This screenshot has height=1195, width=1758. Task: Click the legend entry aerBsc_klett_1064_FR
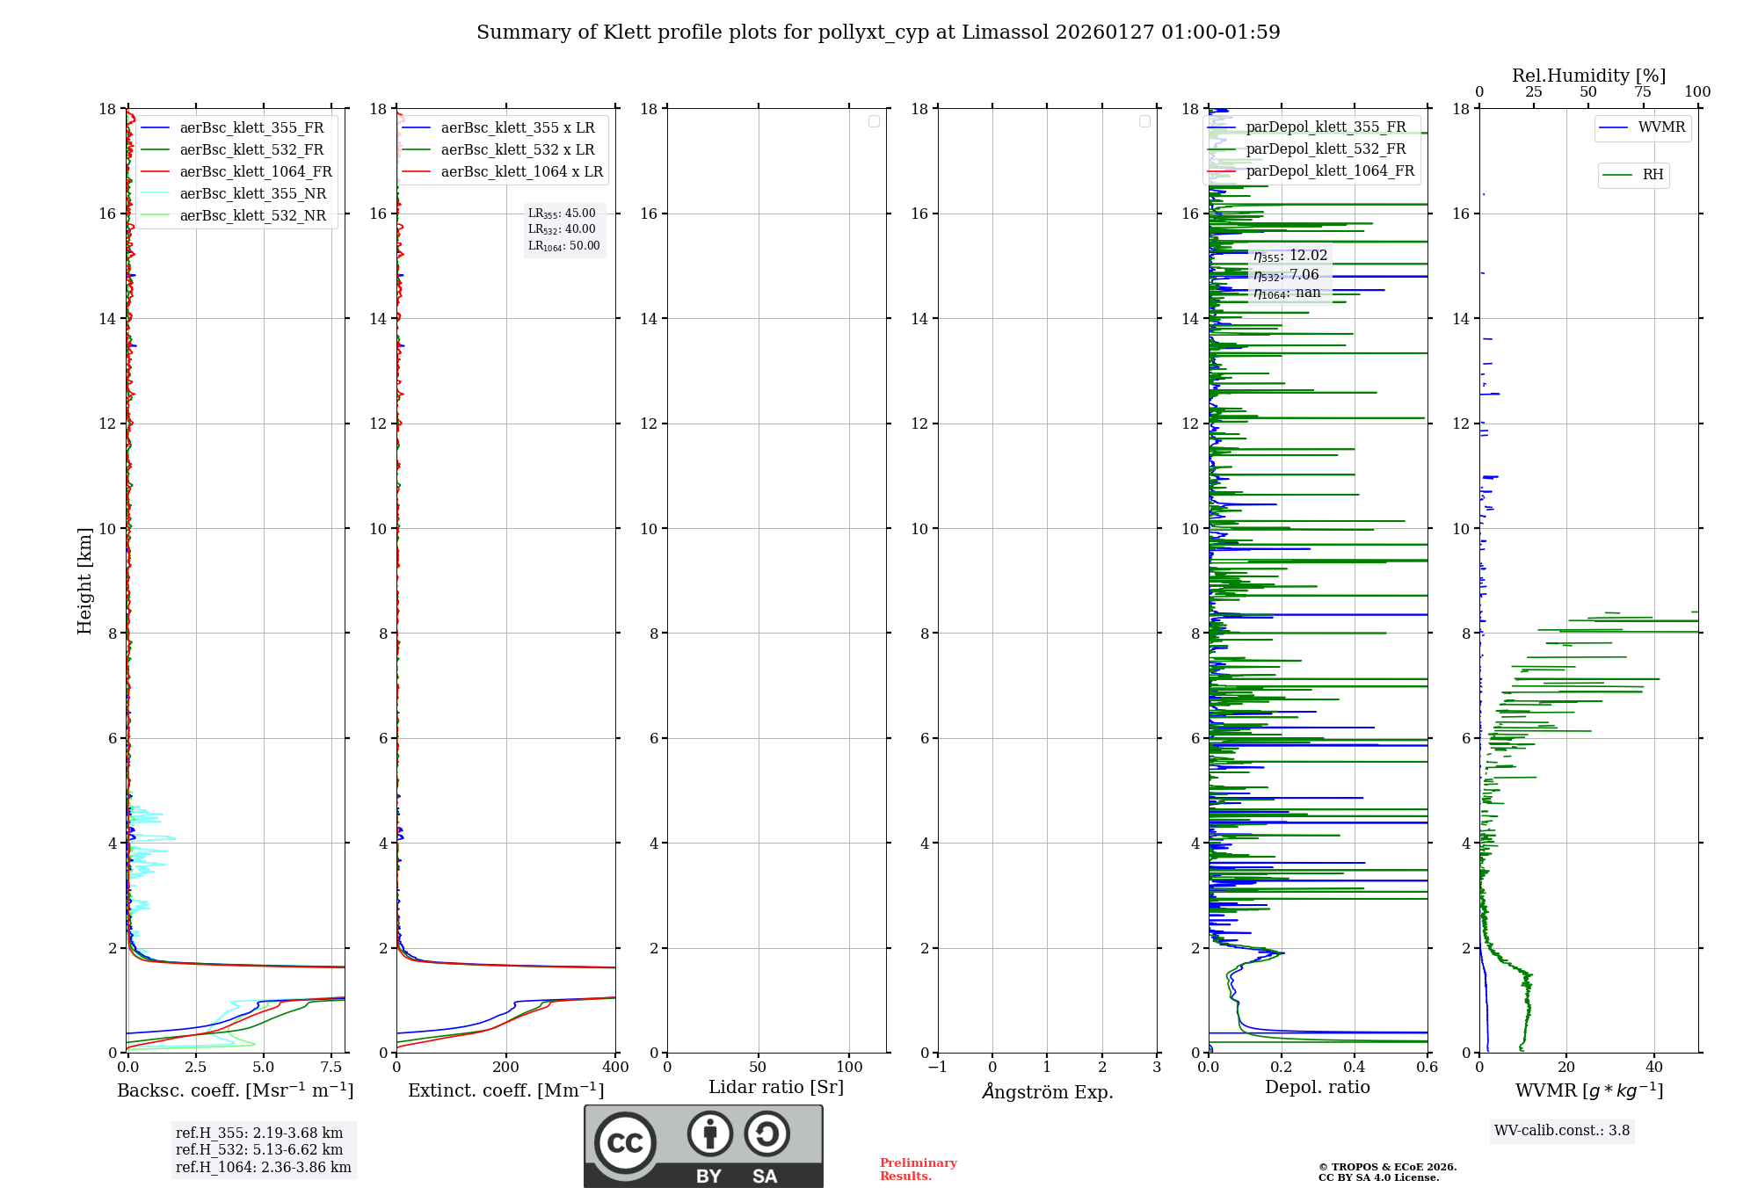(255, 172)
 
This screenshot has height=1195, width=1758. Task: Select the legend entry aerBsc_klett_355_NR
(252, 194)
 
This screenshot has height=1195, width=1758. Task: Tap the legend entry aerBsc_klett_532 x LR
(517, 150)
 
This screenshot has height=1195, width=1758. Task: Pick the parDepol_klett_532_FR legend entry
(1326, 149)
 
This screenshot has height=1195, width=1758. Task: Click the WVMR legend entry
(1661, 127)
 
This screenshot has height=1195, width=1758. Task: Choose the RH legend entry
(1653, 175)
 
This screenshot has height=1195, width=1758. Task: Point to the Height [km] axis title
(84, 580)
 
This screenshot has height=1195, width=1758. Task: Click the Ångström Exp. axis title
(1047, 1092)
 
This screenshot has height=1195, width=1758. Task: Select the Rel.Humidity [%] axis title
(1588, 76)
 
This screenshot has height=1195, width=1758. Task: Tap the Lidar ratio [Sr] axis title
(776, 1088)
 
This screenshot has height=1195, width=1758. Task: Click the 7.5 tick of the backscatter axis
(331, 1068)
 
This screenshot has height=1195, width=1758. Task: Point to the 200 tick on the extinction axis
(506, 1068)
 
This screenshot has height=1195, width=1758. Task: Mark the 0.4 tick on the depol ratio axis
(1355, 1068)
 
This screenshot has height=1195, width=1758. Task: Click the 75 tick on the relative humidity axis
(1643, 92)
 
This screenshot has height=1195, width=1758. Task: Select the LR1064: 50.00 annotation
(563, 246)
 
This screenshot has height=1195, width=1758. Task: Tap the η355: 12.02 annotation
(1289, 256)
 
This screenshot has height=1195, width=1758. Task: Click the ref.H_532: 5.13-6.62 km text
(259, 1150)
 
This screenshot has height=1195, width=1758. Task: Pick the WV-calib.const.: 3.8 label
(1562, 1131)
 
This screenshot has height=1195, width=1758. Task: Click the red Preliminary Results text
(918, 1170)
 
